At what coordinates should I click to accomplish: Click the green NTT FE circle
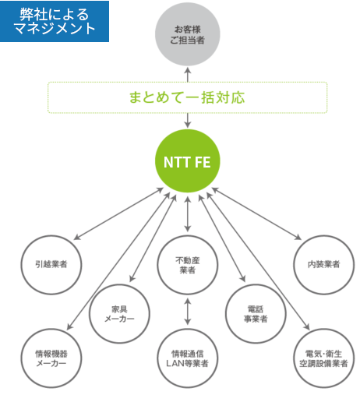pos(187,163)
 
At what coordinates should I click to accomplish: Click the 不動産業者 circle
pos(187,264)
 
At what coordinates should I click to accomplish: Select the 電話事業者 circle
pos(255,314)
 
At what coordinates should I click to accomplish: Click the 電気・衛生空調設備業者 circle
pos(322,358)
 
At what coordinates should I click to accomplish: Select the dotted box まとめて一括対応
pos(187,98)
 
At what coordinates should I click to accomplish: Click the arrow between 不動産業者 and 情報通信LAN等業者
pos(187,311)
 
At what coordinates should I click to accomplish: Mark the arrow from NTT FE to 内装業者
pos(256,213)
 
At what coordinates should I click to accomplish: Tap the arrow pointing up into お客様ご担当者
pos(187,73)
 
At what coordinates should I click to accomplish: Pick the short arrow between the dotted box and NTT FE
pos(187,121)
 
